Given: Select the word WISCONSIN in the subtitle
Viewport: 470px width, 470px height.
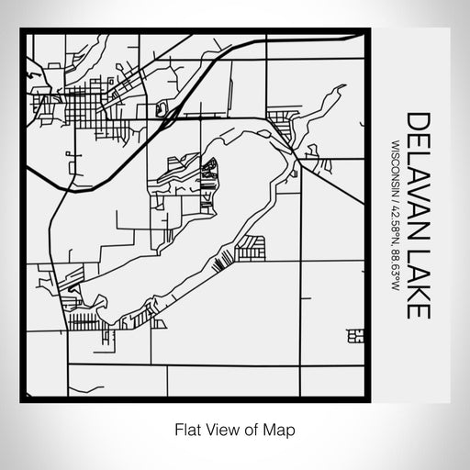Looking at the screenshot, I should click(x=395, y=170).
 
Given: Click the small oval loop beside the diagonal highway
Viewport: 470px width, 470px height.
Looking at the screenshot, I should click(x=165, y=109).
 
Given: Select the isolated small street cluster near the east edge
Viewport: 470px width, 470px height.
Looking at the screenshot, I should click(x=355, y=337).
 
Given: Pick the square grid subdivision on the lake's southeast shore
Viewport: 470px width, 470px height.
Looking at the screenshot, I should click(x=251, y=246).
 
